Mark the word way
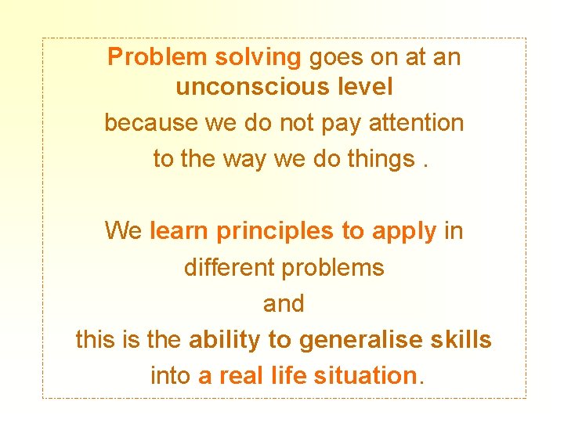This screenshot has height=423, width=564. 244,160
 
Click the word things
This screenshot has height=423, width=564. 379,160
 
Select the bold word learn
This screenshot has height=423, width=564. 179,231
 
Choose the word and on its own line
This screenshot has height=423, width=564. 284,304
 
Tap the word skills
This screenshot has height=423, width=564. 462,340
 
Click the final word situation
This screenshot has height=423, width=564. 363,376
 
